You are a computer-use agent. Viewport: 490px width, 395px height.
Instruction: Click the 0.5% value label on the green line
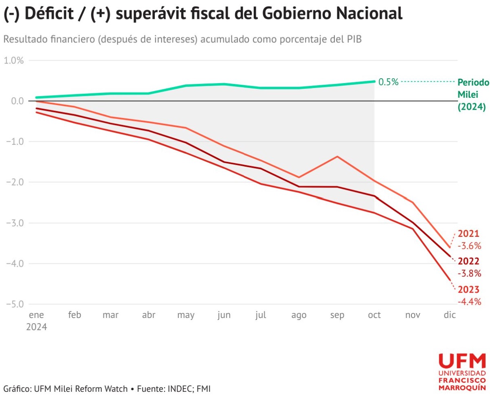tap(389, 82)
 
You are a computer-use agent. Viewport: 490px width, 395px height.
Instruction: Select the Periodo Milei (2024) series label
tap(472, 95)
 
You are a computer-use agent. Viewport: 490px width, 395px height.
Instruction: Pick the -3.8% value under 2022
tap(470, 273)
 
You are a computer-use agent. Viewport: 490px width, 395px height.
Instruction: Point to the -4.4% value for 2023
tap(470, 302)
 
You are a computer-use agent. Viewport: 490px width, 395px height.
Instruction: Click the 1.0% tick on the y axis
tap(14, 60)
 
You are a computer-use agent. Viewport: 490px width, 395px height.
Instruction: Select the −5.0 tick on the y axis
tap(14, 304)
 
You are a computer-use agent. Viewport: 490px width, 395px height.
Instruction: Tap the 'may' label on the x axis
tap(186, 315)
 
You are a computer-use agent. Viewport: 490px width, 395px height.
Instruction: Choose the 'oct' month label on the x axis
tap(374, 315)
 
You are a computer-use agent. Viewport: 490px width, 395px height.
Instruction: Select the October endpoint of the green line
tap(374, 81)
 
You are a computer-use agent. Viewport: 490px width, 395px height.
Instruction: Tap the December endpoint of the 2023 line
tap(450, 280)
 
